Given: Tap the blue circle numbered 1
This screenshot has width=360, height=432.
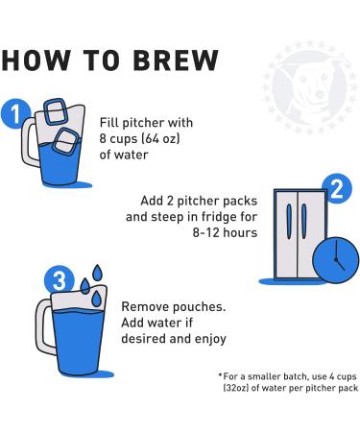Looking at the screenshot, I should click(x=13, y=115).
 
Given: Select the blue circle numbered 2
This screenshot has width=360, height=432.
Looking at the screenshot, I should click(x=335, y=189).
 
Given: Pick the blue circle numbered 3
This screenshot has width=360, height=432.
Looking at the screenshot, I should click(x=60, y=281).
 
